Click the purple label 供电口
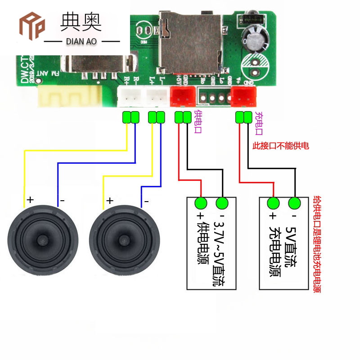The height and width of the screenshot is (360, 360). pyautogui.click(x=197, y=122)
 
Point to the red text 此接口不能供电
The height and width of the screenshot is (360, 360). pyautogui.click(x=281, y=146)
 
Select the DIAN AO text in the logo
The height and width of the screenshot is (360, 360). pyautogui.click(x=81, y=41)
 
